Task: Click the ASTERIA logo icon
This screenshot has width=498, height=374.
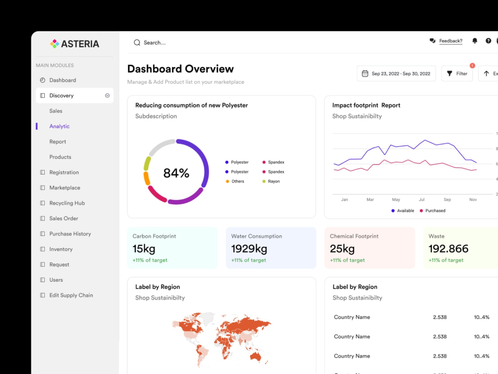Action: (x=54, y=43)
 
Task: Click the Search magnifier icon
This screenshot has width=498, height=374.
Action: (x=137, y=42)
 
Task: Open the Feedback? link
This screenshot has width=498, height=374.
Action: (x=451, y=41)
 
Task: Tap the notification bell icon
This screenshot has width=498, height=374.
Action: (x=475, y=41)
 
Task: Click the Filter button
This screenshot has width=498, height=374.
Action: (x=457, y=74)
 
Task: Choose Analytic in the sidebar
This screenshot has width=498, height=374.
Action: (x=59, y=126)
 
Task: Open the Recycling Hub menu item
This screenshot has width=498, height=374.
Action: (x=67, y=203)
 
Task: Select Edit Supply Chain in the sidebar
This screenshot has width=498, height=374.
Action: (x=71, y=295)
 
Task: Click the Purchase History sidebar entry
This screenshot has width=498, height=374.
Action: (x=70, y=234)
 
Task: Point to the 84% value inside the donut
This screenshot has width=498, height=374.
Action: (x=176, y=173)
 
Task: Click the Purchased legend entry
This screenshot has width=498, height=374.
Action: (x=433, y=210)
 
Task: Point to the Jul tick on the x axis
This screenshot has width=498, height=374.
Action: (x=421, y=199)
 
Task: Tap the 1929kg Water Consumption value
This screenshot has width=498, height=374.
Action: (x=249, y=249)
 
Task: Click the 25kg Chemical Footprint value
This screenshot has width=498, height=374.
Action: (x=342, y=249)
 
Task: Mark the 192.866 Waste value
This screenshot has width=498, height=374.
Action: (x=448, y=249)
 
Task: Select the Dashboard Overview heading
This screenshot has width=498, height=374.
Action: (x=180, y=69)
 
